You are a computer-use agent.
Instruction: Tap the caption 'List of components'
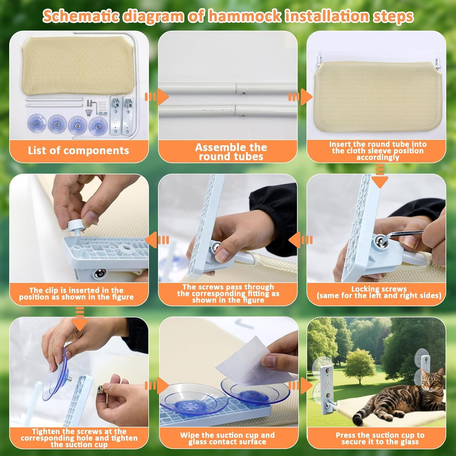point(78,150)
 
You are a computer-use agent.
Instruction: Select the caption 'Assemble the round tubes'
point(231,152)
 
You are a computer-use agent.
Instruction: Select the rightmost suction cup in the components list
point(98,125)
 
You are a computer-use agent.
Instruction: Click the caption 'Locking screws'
point(379,289)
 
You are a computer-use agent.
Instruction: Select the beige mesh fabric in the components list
point(77,65)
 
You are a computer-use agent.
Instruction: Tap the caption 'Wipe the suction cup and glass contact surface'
point(227,438)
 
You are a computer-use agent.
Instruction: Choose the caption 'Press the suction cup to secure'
point(380,438)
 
